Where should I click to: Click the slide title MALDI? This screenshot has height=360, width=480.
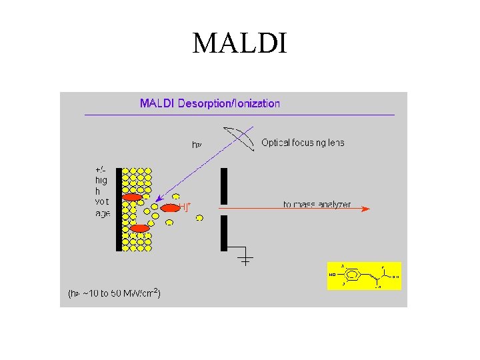point(239,44)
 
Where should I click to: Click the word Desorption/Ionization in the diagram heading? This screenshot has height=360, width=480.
point(237,103)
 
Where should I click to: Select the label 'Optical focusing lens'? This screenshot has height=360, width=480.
point(303,143)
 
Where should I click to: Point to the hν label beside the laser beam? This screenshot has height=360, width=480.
point(196,144)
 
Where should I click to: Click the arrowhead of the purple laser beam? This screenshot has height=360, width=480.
point(157,199)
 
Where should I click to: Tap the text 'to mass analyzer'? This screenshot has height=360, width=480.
point(317,204)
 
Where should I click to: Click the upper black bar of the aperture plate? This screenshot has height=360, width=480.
point(224,185)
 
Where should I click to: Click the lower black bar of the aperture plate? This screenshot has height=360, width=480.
point(224,233)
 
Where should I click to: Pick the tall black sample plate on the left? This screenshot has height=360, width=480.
point(119,209)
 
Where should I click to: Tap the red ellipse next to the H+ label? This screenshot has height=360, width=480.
point(171,208)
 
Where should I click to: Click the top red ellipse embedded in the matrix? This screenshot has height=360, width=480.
point(133,197)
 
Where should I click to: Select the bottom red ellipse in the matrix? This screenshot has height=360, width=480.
point(139,229)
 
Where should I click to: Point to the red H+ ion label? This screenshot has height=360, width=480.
point(185,207)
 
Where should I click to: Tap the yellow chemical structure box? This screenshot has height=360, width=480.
point(364,275)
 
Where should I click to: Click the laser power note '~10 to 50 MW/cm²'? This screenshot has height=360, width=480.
point(114,293)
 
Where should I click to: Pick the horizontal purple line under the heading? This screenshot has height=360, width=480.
point(240,115)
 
